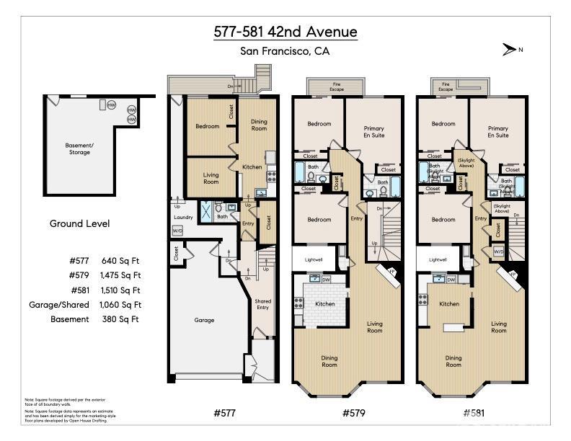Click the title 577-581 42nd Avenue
(285, 32)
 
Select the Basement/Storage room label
(79, 148)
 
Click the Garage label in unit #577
(205, 320)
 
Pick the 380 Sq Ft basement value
(124, 319)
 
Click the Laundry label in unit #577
(183, 216)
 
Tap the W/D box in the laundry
(177, 231)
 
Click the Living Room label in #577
(211, 178)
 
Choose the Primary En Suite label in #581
(497, 132)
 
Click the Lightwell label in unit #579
(312, 259)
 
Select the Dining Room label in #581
(453, 361)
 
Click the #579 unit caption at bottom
(350, 413)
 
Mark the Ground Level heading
(79, 223)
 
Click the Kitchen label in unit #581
(449, 303)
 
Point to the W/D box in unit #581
(498, 251)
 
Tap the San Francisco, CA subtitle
(285, 51)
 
